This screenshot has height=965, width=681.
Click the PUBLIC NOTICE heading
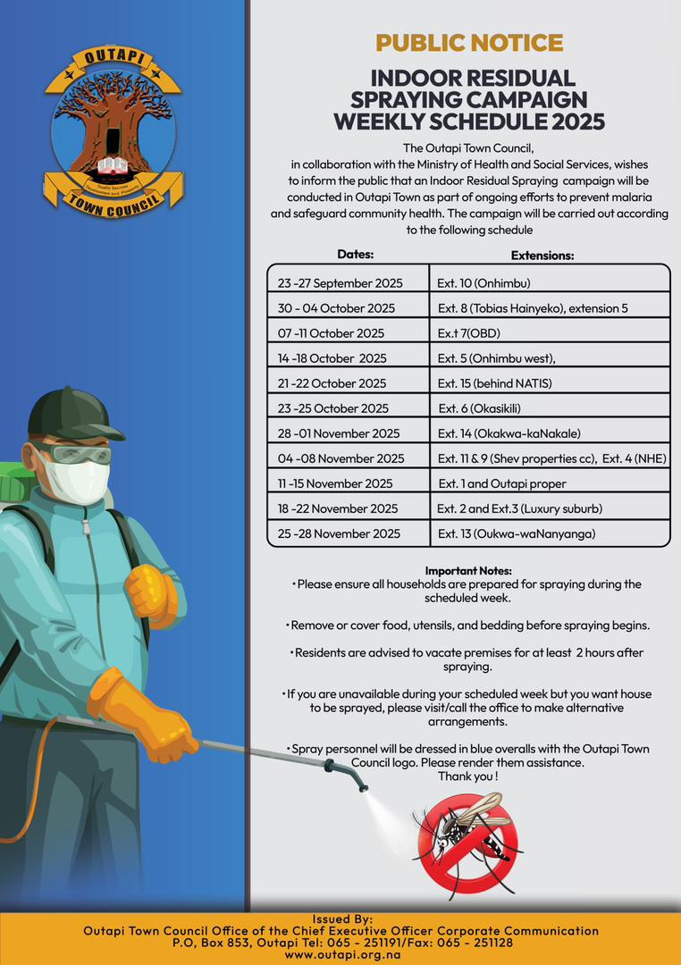(x=469, y=42)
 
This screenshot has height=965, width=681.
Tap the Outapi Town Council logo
(x=113, y=131)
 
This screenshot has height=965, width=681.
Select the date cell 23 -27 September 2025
(x=340, y=283)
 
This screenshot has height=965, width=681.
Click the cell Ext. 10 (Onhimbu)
(x=483, y=283)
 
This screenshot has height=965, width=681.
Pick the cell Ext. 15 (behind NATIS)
(x=494, y=383)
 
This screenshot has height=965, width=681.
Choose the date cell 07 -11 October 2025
(x=331, y=333)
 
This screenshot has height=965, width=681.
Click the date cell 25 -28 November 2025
(x=339, y=533)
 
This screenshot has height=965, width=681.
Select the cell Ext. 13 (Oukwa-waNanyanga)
(x=516, y=533)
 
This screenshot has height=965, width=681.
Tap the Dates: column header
(x=356, y=255)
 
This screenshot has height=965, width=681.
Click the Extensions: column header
(x=542, y=256)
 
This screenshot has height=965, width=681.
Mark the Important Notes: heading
(x=468, y=570)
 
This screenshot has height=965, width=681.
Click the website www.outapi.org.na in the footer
(x=341, y=954)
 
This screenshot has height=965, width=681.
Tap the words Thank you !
(x=467, y=776)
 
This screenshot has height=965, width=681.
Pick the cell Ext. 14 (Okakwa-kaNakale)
(x=509, y=433)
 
